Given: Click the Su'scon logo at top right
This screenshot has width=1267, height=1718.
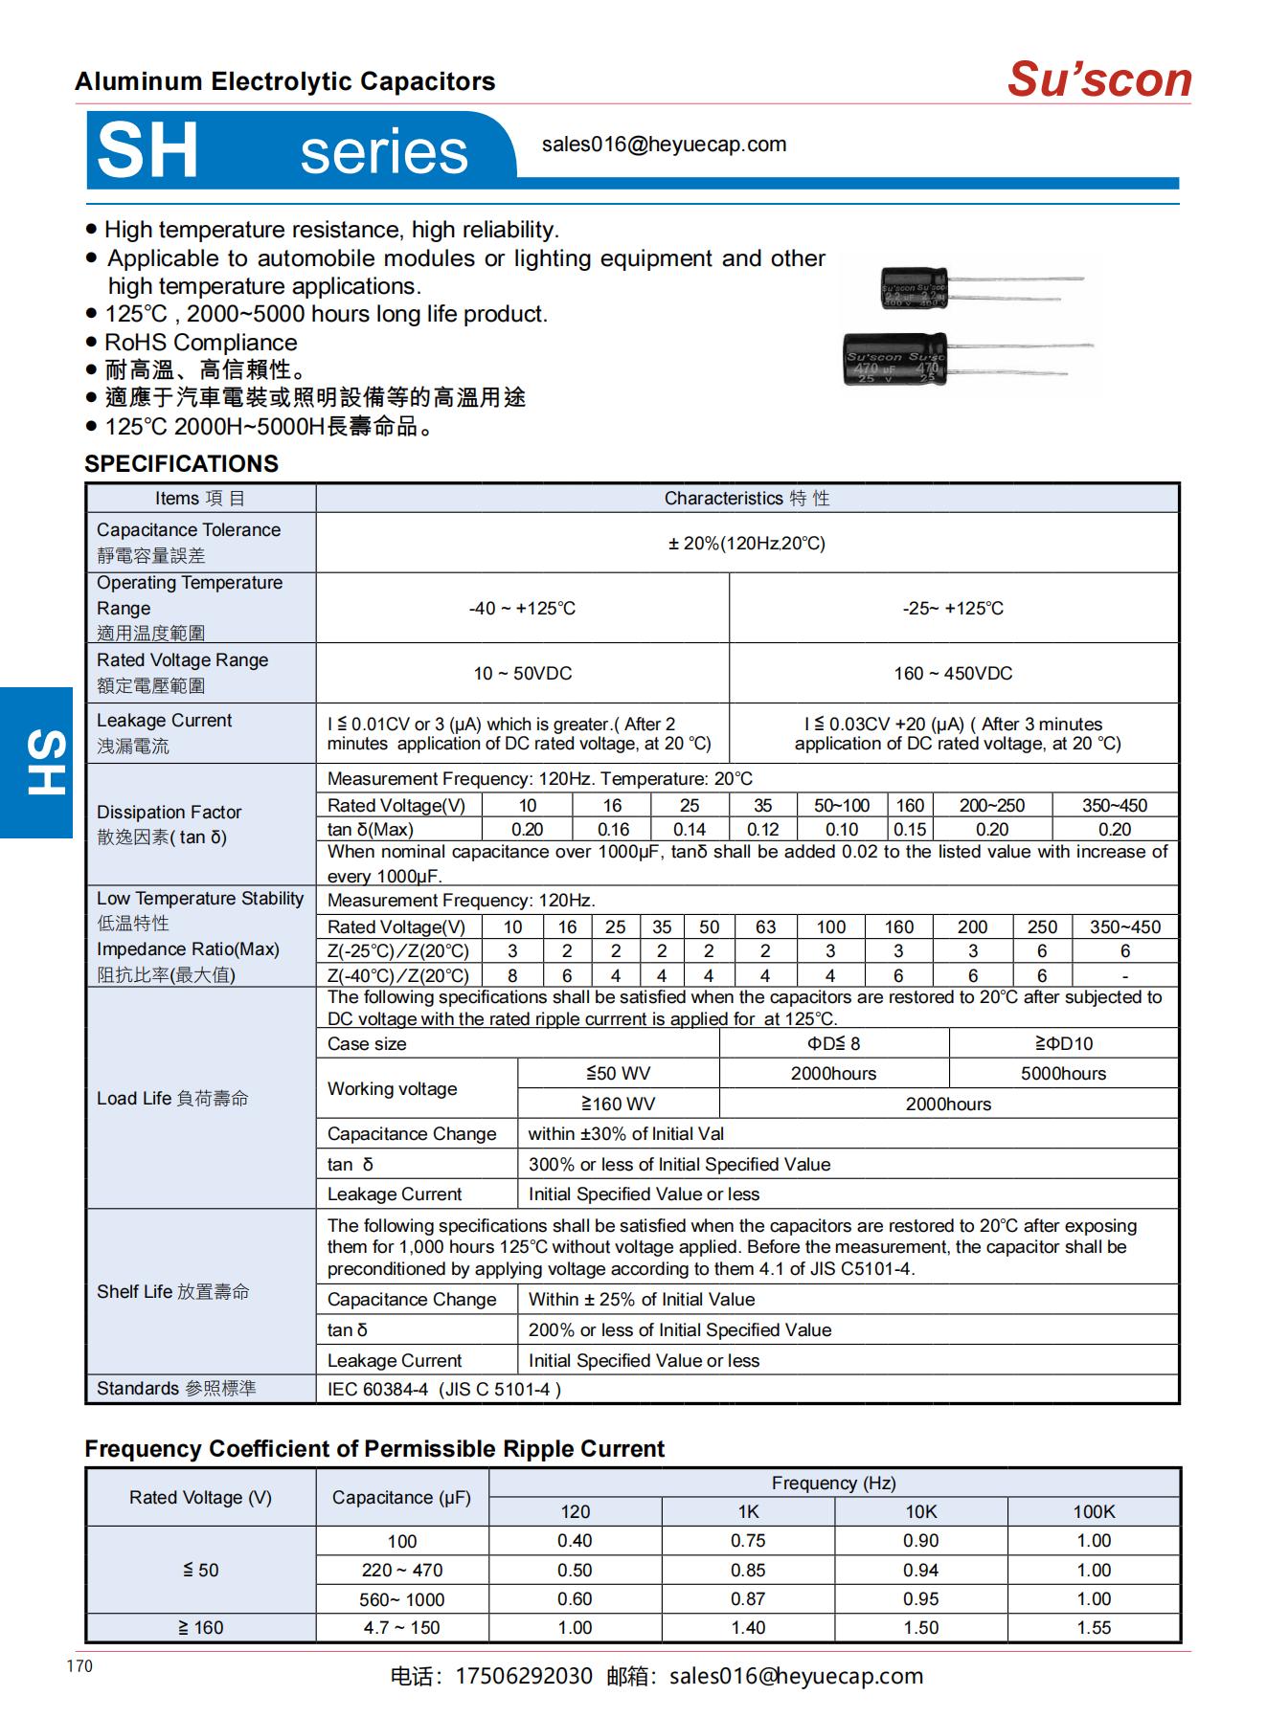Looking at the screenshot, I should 1098,78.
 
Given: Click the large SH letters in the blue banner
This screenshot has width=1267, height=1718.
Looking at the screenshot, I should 147,150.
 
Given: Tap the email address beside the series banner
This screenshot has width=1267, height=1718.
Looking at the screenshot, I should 664,145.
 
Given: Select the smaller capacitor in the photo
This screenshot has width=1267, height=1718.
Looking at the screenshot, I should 914,288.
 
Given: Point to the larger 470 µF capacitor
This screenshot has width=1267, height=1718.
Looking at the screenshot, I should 894,359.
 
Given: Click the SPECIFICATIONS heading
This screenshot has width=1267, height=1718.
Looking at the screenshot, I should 181,464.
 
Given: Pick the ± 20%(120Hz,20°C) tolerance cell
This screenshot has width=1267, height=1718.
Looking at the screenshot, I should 746,544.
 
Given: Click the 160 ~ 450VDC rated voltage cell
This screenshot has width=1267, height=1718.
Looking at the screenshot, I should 953,674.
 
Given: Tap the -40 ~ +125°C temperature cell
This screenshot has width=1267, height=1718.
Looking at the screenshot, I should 522,609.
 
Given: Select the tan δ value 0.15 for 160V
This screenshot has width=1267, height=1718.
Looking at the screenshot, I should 910,830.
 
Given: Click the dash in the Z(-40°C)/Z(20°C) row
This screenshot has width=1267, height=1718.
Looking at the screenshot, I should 1124,976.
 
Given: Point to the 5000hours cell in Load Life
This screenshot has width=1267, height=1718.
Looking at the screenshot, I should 1063,1074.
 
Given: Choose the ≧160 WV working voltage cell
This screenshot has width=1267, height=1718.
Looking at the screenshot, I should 618,1104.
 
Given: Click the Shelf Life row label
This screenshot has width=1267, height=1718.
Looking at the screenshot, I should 172,1292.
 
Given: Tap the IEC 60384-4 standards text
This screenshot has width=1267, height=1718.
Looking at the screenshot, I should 444,1389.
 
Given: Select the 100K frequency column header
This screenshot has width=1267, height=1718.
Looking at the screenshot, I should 1093,1512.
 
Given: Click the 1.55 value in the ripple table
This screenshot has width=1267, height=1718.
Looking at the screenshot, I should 1093,1628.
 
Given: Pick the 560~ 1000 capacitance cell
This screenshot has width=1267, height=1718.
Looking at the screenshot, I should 402,1599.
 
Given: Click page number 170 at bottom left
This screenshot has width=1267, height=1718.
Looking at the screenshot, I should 79,1666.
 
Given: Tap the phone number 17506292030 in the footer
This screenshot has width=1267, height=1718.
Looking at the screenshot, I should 523,1676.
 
